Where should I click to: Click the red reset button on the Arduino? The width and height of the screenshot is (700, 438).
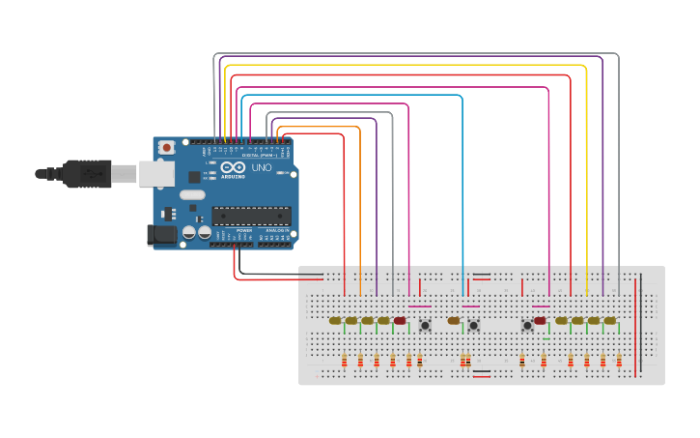coord(167,148)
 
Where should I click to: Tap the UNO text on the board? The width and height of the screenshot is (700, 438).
coord(261,167)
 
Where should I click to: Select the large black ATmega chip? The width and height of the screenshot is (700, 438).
coord(250,215)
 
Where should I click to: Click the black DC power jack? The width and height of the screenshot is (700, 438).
coord(160,234)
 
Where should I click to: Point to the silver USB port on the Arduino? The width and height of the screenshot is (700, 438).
coord(154,173)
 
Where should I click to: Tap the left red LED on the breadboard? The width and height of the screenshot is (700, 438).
coord(400,320)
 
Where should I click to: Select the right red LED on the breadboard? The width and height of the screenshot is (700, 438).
coord(540,320)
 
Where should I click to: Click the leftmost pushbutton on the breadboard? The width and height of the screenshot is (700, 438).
coord(425,326)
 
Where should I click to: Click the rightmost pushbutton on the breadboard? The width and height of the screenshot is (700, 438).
coord(527,326)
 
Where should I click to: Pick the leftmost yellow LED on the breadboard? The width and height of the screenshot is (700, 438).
coord(335,320)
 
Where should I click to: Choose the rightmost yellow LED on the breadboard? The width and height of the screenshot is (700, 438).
coord(610,320)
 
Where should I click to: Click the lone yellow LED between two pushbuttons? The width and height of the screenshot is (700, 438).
coord(454,320)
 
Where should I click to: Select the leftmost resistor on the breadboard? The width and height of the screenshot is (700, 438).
coord(345,361)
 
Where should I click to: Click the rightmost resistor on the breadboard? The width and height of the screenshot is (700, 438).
coord(619,361)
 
